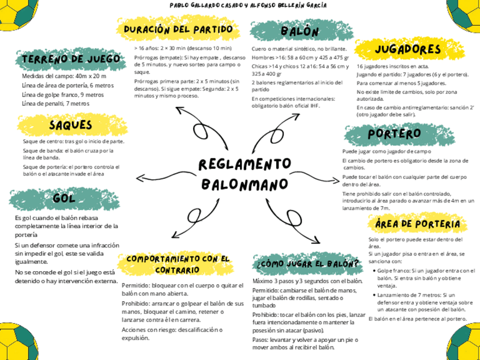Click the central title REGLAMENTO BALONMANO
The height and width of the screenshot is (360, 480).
pyautogui.click(x=245, y=174)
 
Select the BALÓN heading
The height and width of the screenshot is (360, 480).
pyautogui.click(x=299, y=31)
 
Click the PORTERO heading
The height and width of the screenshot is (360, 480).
pyautogui.click(x=393, y=134)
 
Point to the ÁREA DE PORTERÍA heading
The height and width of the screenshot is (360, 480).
pyautogui.click(x=417, y=224)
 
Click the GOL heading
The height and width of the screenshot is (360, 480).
pyautogui.click(x=64, y=199)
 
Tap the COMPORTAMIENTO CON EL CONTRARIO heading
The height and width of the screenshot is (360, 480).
pyautogui.click(x=179, y=264)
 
